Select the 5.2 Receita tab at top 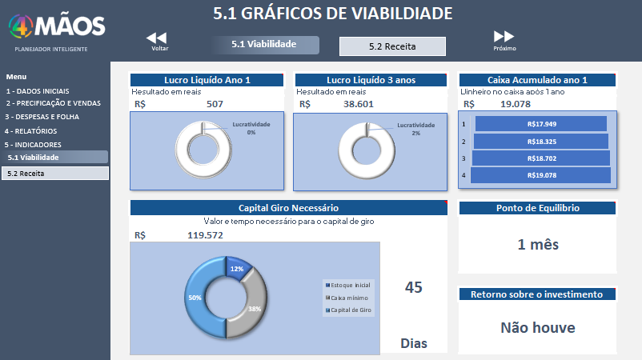[392, 46]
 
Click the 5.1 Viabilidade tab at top [266, 45]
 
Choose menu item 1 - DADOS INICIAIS [38, 90]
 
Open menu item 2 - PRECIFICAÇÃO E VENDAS [54, 103]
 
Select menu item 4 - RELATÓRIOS [30, 130]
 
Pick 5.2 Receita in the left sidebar [54, 173]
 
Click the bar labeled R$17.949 [541, 124]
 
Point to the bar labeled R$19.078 [541, 175]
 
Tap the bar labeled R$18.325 [541, 142]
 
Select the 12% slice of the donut [238, 270]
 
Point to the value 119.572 [205, 235]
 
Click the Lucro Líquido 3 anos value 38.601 [359, 104]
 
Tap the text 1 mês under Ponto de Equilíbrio [537, 245]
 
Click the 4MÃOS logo [56, 26]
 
